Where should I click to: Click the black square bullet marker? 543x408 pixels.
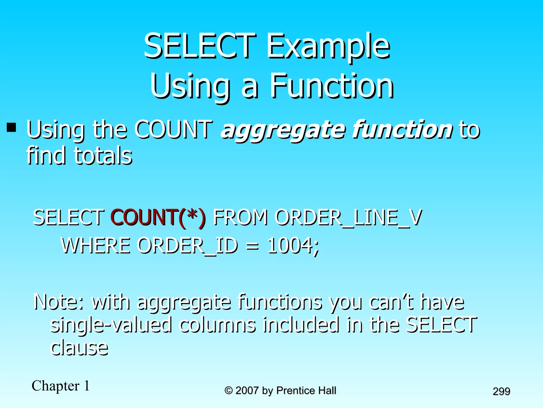(x=11, y=127)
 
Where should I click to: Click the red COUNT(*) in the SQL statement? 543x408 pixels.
(x=158, y=218)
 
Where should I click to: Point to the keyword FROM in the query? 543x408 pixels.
(x=240, y=218)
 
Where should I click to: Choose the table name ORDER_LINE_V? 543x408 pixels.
(x=348, y=218)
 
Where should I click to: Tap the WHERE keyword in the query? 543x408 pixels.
(x=95, y=245)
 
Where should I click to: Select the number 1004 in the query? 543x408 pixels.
(x=290, y=245)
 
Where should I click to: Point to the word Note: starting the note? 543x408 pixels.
(x=59, y=302)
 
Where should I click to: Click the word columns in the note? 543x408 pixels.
(x=217, y=325)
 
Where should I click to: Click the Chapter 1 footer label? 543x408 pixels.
(x=61, y=386)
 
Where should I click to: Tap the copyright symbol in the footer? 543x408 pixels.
(x=228, y=390)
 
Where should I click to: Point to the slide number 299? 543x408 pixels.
(x=501, y=391)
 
